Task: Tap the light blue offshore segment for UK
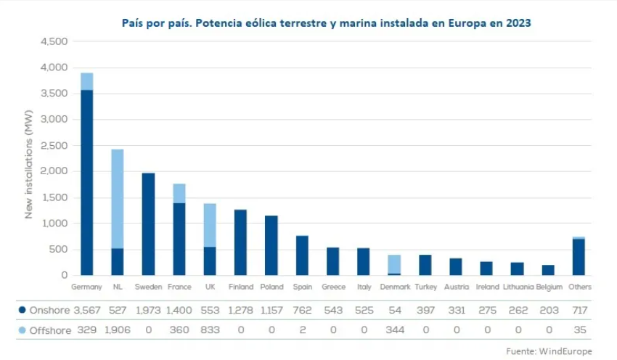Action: click(210, 225)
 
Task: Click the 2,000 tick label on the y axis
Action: click(53, 171)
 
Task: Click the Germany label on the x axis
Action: click(86, 287)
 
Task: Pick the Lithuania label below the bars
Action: click(517, 287)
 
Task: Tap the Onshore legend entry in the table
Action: click(44, 310)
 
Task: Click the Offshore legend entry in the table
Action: click(44, 330)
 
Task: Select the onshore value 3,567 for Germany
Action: click(86, 310)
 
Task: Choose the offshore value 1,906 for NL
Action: click(117, 330)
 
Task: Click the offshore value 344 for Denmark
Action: click(394, 330)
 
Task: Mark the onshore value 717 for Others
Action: click(579, 310)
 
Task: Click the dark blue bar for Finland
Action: click(240, 242)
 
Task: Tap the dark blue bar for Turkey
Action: click(425, 265)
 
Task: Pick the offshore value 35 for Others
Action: click(579, 330)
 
